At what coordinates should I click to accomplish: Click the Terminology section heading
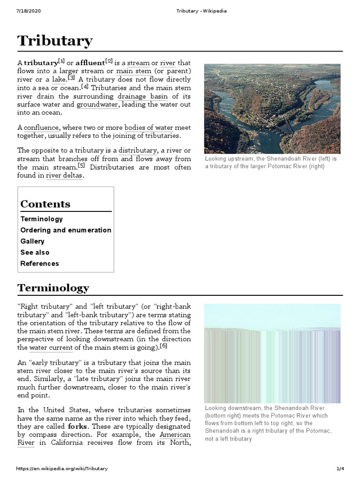(x=53, y=287)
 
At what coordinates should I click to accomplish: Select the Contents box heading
(x=45, y=204)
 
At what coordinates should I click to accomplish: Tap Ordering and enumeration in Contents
(x=66, y=230)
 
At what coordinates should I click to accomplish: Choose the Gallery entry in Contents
(x=32, y=241)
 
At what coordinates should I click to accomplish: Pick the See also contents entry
(x=35, y=252)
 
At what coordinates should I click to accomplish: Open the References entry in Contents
(x=39, y=263)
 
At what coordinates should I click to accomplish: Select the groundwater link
(x=97, y=105)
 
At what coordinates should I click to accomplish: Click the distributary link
(x=138, y=150)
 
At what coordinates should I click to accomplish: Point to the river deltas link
(x=64, y=176)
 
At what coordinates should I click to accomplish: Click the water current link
(x=51, y=348)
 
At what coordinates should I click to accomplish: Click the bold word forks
(x=78, y=427)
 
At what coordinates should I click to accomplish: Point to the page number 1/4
(x=340, y=469)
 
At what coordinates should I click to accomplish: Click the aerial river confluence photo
(x=272, y=109)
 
